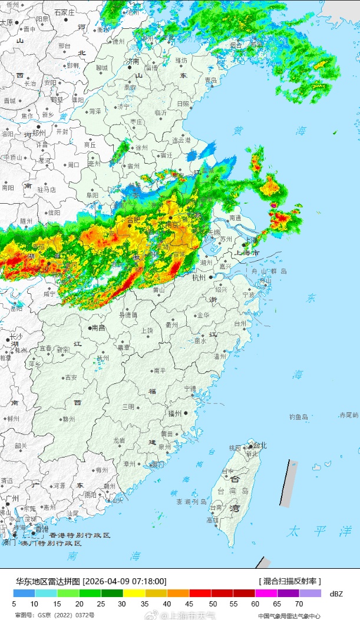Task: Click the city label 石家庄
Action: pyautogui.click(x=64, y=12)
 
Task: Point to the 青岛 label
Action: pyautogui.click(x=210, y=80)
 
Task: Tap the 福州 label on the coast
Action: pyautogui.click(x=175, y=414)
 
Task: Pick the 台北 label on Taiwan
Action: pyautogui.click(x=259, y=446)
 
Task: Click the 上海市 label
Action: pyautogui.click(x=247, y=253)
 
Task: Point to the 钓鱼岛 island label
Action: pyautogui.click(x=298, y=417)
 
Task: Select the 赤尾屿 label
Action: pyautogui.click(x=348, y=415)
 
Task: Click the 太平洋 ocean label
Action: pyautogui.click(x=311, y=531)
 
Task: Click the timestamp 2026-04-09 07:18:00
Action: pyautogui.click(x=125, y=581)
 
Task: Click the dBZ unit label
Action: pyautogui.click(x=336, y=594)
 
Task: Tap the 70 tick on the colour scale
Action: pyautogui.click(x=299, y=604)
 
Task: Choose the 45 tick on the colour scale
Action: pyautogui.click(x=190, y=604)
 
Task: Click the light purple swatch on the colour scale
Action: pyautogui.click(x=310, y=594)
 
